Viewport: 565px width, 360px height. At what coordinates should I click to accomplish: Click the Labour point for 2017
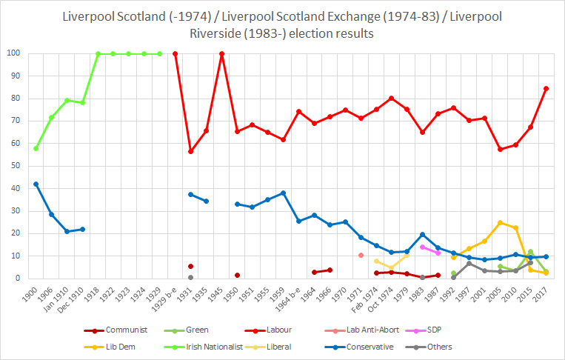[546, 89]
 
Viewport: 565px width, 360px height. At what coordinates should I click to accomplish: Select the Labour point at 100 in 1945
[222, 54]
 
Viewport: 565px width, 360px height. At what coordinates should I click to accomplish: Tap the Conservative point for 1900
[36, 184]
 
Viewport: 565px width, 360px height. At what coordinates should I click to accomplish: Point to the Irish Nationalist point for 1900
[36, 148]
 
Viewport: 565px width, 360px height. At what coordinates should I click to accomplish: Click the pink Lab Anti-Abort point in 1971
[361, 255]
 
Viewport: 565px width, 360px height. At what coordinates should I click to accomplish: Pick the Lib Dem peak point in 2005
[500, 223]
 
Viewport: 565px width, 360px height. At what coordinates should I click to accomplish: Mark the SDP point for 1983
[423, 247]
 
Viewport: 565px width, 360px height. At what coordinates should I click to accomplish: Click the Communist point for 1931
[190, 267]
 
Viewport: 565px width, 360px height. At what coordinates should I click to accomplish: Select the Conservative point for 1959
[283, 193]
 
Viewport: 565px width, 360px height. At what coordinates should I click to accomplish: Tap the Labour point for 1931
[190, 151]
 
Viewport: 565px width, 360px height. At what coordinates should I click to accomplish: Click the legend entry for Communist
[116, 330]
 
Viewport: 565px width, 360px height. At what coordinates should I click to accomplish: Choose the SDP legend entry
[424, 330]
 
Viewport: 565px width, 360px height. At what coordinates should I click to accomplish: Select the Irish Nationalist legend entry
[203, 347]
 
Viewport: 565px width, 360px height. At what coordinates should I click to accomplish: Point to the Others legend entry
[429, 347]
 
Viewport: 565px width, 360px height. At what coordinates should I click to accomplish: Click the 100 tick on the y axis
[13, 53]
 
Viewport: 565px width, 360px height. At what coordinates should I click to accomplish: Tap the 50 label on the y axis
[16, 166]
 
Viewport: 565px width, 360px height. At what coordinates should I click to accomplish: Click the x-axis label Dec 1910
[71, 300]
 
